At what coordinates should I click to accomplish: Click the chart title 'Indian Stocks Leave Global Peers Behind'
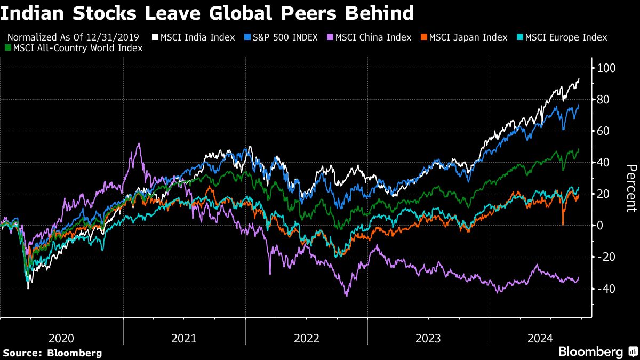(207, 13)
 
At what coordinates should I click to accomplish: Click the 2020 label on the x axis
(61, 338)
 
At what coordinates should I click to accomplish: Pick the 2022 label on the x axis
(306, 338)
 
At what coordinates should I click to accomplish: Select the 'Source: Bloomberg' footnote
(52, 353)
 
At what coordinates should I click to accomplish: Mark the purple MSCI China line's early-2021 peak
(139, 143)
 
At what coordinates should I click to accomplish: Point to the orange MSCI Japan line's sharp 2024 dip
(563, 223)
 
